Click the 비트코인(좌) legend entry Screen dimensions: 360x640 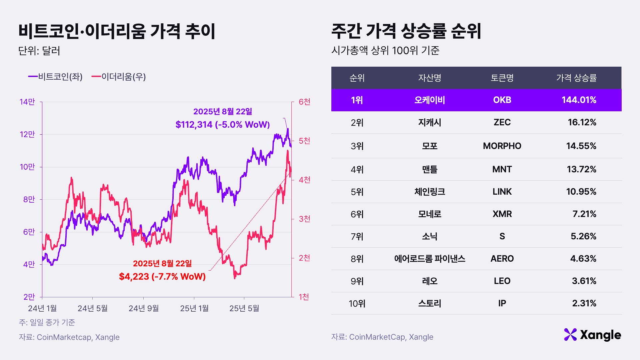56,77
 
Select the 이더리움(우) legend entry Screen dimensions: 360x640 119,77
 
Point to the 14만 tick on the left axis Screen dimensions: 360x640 27,102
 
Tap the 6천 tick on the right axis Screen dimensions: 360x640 304,102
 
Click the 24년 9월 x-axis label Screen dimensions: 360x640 143,308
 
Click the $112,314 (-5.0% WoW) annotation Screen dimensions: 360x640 222,125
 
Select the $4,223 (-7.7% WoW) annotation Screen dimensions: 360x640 162,276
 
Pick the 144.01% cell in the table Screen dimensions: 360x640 579,100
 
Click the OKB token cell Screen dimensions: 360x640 502,100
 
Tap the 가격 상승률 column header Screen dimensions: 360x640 576,78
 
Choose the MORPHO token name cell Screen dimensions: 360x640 502,146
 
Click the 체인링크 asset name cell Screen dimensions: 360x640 430,192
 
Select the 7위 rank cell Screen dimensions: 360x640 357,236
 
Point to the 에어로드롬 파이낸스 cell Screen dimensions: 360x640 430,259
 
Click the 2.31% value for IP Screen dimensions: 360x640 584,303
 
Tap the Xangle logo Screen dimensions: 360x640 592,335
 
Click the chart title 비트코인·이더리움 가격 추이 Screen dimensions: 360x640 117,31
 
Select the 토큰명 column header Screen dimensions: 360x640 502,78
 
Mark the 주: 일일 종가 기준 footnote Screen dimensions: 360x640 47,322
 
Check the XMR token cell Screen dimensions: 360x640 502,214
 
